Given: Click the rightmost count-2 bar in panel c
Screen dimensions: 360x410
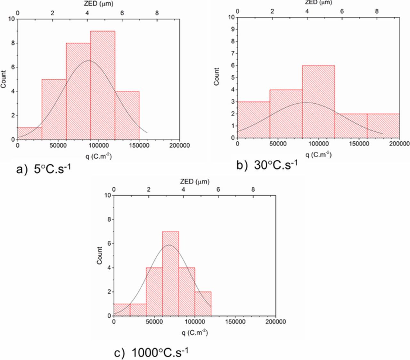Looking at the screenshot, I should click(x=203, y=304).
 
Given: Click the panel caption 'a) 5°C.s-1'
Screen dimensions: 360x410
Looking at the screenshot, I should click(x=43, y=169).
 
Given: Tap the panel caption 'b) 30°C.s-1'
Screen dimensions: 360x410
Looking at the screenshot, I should click(x=267, y=165).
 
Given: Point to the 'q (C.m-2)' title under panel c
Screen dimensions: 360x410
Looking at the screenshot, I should click(x=195, y=332).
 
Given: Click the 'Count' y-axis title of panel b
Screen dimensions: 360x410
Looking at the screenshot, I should click(x=217, y=76).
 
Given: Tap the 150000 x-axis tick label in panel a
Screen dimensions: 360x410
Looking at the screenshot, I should click(x=139, y=146).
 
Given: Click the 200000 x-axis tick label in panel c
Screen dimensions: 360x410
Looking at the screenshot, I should click(x=275, y=322).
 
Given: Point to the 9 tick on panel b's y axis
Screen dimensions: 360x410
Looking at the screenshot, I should click(x=233, y=29).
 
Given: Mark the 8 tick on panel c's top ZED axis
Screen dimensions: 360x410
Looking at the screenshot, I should click(x=253, y=189).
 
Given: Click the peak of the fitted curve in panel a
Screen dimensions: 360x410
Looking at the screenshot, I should click(x=89, y=61).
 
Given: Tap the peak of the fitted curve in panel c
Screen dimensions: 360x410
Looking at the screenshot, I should click(x=169, y=245).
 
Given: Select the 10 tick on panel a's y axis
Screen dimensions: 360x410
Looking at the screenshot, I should click(x=12, y=19).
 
